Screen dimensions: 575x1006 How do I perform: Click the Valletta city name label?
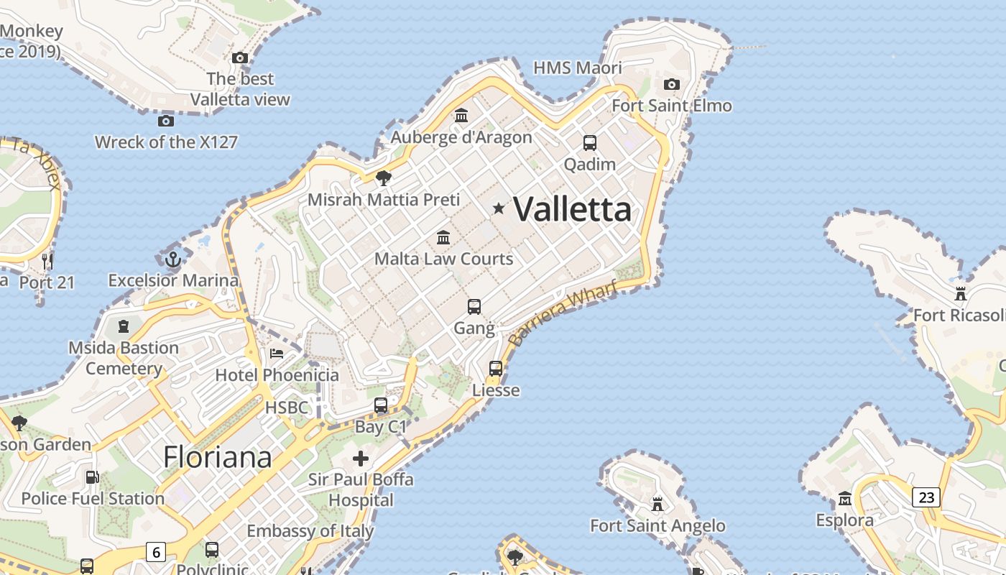[x=573, y=209]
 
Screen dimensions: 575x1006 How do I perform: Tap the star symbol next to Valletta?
[x=499, y=208]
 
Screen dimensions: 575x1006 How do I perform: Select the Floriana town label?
[x=218, y=457]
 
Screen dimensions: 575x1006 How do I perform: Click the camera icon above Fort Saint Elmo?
[x=672, y=85]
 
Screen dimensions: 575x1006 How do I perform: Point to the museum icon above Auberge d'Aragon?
[x=461, y=115]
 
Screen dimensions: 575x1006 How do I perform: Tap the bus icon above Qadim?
[x=590, y=142]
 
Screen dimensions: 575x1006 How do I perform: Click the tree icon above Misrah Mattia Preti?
[x=384, y=178]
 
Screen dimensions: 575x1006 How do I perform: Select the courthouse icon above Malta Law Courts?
[x=443, y=237]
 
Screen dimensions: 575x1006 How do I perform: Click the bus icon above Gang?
[x=474, y=307]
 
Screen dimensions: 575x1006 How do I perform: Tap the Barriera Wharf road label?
[x=563, y=314]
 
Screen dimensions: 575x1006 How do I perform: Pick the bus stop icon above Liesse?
[x=496, y=369]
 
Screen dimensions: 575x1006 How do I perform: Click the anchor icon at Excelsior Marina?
[x=172, y=259]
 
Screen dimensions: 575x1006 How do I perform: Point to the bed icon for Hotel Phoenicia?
[x=277, y=354]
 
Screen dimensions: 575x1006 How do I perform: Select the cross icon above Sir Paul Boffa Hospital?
[x=361, y=458]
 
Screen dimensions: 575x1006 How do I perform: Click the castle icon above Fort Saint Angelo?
[x=657, y=504]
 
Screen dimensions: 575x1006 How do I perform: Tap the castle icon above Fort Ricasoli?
[x=961, y=293]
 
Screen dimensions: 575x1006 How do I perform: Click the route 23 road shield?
[x=926, y=497]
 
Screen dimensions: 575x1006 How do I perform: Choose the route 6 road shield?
[x=155, y=552]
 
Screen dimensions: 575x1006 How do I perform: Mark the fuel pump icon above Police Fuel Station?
[x=92, y=477]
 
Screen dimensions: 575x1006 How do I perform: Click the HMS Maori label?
[x=578, y=68]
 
